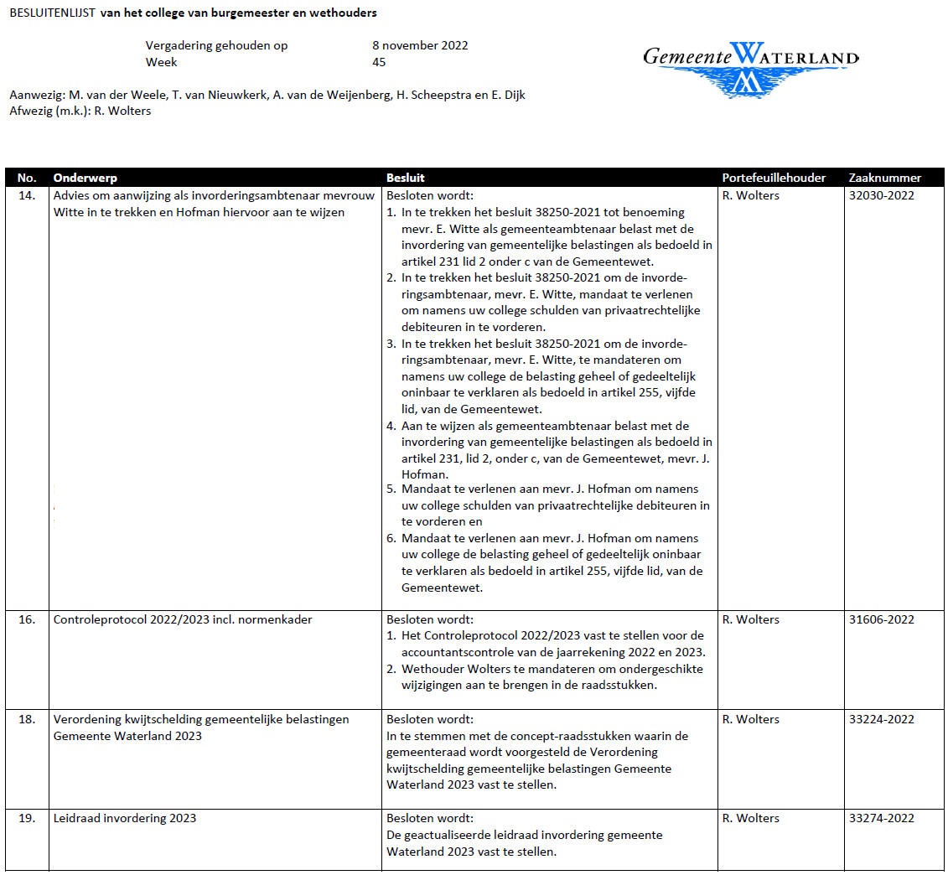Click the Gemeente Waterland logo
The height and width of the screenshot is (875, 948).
point(750,67)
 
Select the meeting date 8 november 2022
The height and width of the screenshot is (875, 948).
point(420,45)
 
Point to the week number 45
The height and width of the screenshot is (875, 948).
point(379,62)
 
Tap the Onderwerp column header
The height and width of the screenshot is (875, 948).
point(85,178)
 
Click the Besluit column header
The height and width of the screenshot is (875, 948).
point(406,178)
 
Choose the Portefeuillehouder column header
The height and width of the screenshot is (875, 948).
point(774,178)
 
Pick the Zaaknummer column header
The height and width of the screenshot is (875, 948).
point(884,178)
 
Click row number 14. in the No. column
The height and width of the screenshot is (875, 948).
point(27,196)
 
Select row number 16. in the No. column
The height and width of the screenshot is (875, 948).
point(27,620)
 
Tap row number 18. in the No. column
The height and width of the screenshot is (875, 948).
point(27,720)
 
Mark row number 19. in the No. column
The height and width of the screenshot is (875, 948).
point(27,819)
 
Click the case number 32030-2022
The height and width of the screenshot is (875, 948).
point(881,196)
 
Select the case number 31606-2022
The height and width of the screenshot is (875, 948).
point(881,620)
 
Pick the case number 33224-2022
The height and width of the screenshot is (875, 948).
point(881,720)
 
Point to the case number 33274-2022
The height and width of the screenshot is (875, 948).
point(881,819)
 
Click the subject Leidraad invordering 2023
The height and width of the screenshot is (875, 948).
point(125,819)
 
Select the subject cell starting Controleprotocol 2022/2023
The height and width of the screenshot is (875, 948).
point(171,620)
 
